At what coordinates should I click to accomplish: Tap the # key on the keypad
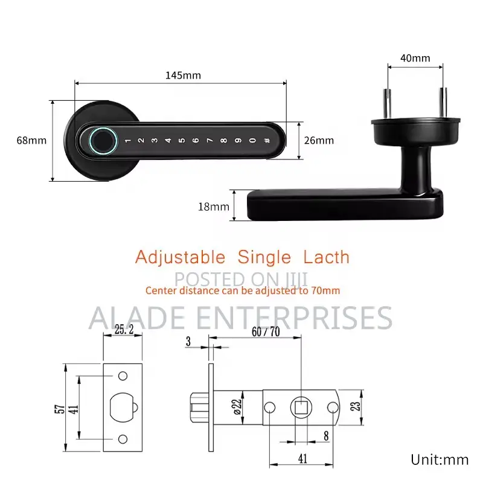click(x=267, y=141)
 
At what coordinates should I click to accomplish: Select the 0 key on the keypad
click(x=252, y=141)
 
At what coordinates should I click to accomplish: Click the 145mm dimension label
click(x=184, y=75)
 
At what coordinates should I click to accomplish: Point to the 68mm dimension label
click(x=31, y=141)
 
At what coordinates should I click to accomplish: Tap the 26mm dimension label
click(x=319, y=141)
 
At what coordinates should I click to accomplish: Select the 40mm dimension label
click(x=415, y=58)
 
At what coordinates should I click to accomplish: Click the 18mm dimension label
click(x=214, y=206)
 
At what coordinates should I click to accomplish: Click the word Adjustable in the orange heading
click(x=180, y=257)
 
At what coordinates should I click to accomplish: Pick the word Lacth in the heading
click(x=327, y=257)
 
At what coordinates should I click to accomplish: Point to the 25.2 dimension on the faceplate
click(x=124, y=330)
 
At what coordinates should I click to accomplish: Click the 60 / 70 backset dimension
click(x=266, y=331)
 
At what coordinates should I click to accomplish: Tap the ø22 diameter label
click(x=237, y=407)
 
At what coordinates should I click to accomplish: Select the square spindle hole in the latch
click(x=301, y=408)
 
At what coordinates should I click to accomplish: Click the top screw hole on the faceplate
click(x=123, y=376)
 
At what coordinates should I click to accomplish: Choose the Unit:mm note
click(x=440, y=460)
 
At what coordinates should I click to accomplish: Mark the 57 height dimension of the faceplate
click(x=60, y=409)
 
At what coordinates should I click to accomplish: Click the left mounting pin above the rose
click(x=387, y=103)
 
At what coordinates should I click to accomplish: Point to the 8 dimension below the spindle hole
click(x=326, y=436)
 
